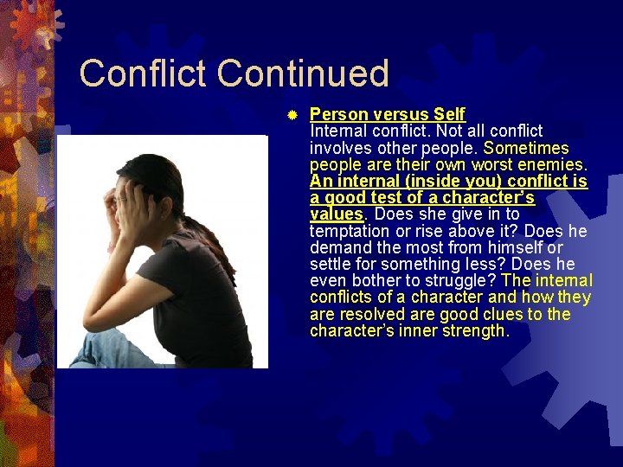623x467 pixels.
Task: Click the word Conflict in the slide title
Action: pyautogui.click(x=144, y=74)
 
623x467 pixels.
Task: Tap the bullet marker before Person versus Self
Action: pyautogui.click(x=292, y=114)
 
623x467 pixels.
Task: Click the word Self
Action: pyautogui.click(x=450, y=114)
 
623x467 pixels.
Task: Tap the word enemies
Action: pyautogui.click(x=550, y=164)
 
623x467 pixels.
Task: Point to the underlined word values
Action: pyautogui.click(x=336, y=214)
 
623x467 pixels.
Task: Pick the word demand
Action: pyautogui.click(x=338, y=248)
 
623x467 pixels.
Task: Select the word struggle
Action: pyautogui.click(x=464, y=281)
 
